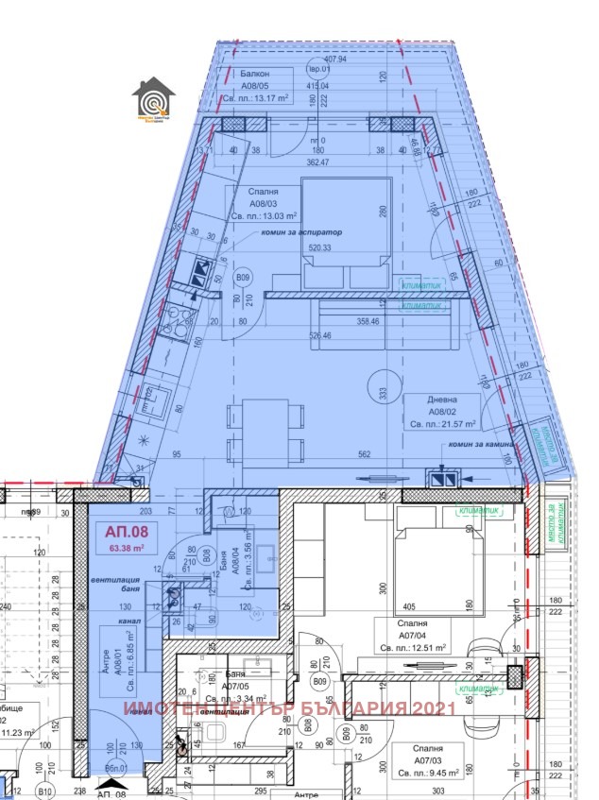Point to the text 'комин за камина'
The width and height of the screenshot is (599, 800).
point(482,443)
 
